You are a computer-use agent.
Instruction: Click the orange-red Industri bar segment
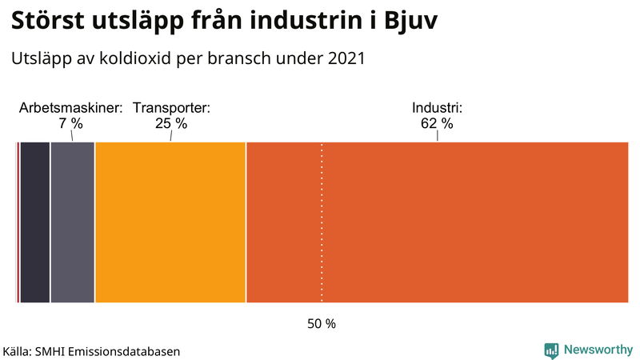click(437, 222)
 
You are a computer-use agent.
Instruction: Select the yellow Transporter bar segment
click(170, 222)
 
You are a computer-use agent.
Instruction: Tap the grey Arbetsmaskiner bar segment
click(72, 222)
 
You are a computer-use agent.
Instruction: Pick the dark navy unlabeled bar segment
click(34, 222)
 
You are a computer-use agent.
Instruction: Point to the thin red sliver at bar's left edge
click(18, 222)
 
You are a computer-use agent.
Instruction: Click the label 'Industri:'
click(437, 108)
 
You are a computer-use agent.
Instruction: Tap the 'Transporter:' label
click(171, 108)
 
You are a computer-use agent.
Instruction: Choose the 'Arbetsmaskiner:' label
click(70, 108)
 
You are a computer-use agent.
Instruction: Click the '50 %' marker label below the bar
click(322, 324)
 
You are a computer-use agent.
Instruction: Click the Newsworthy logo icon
click(551, 350)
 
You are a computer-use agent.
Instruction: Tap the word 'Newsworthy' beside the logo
click(598, 350)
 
